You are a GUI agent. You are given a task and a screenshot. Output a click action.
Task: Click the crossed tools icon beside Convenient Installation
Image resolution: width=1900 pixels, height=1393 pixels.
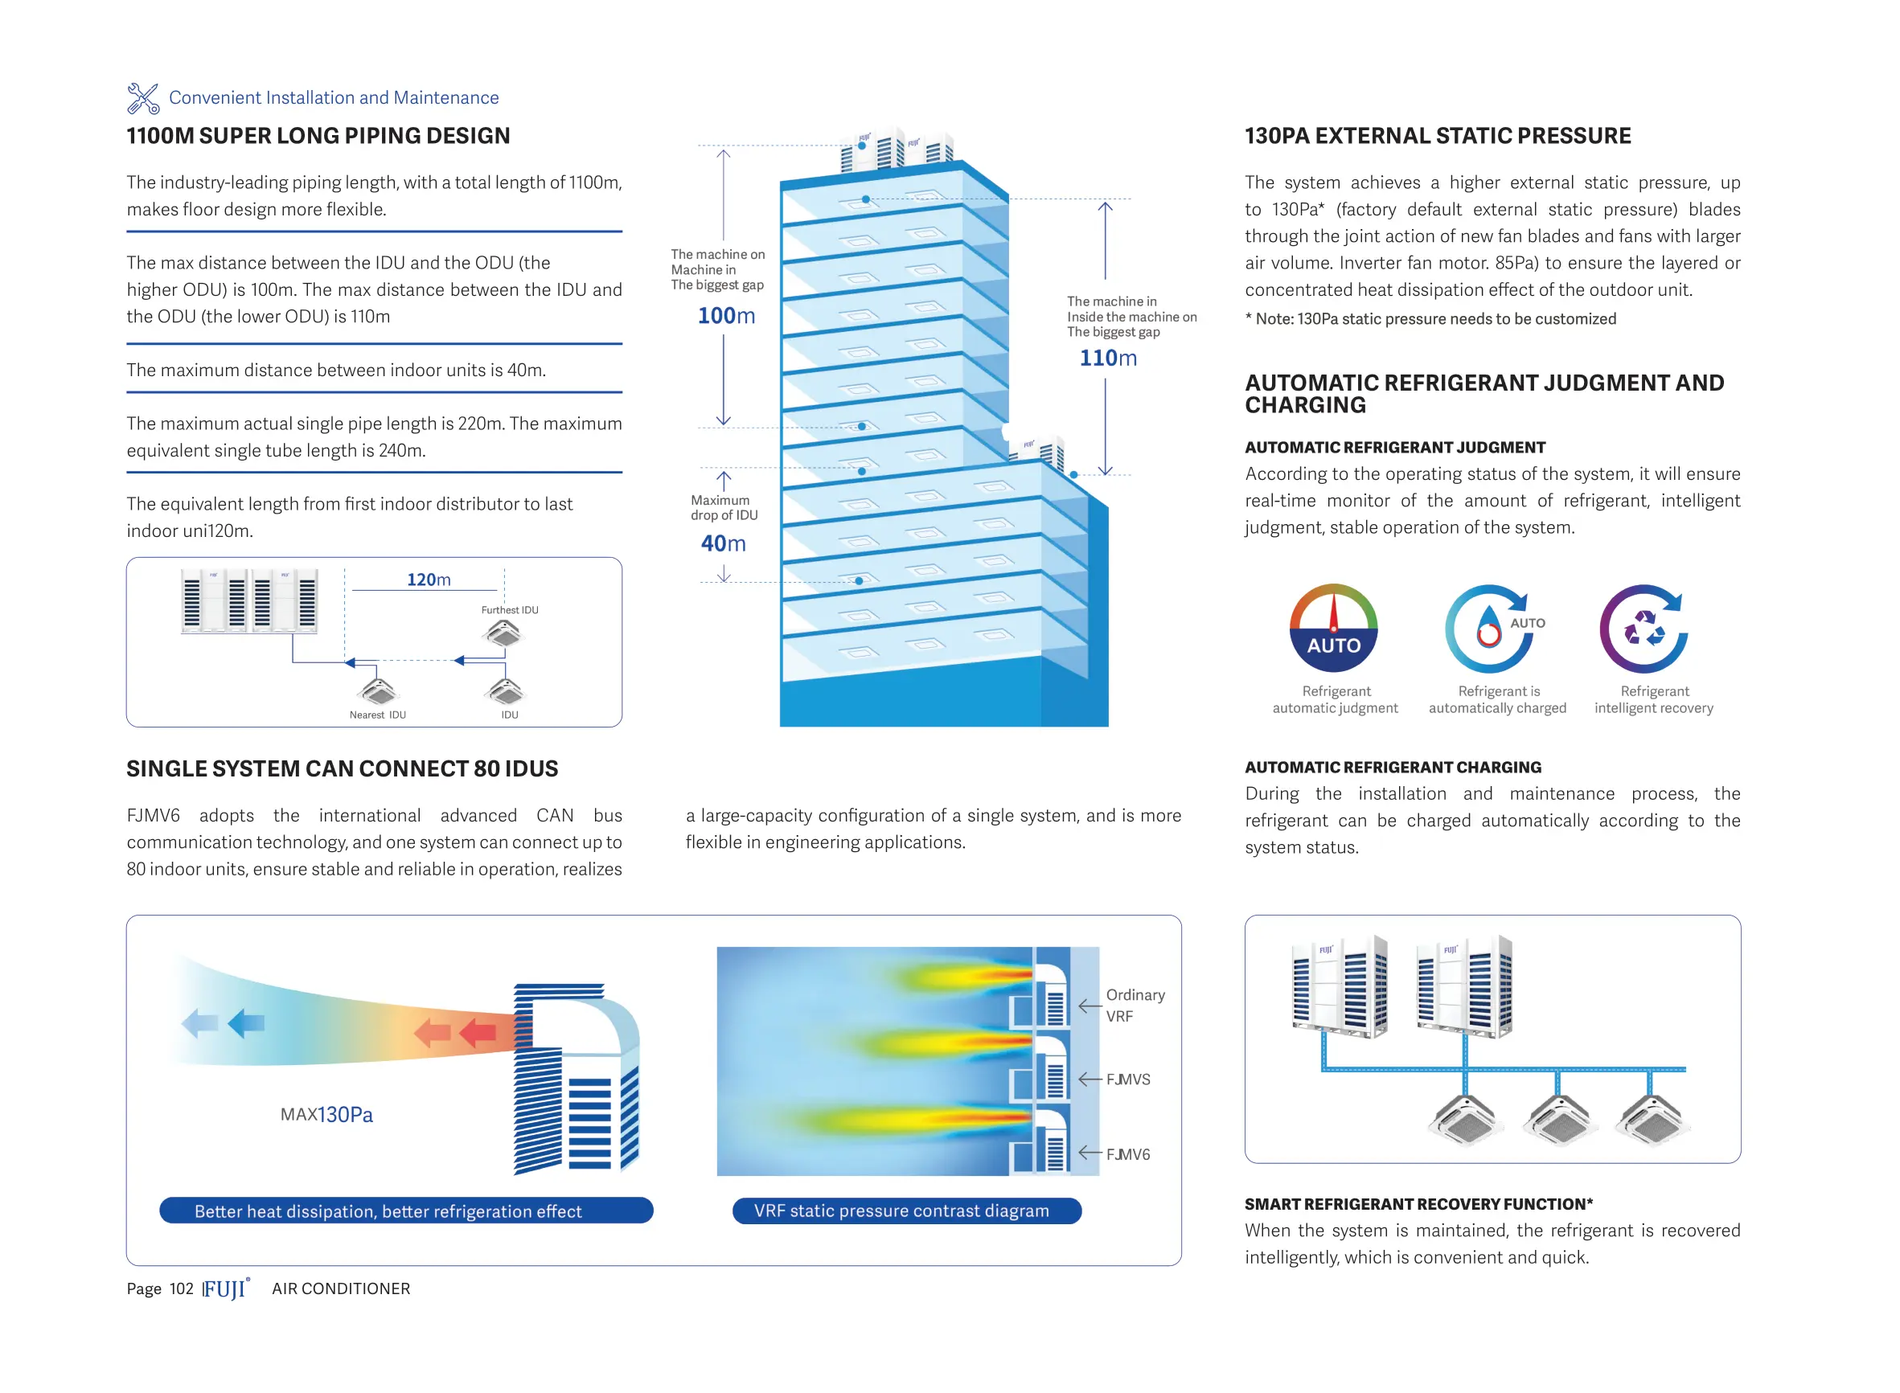coord(142,98)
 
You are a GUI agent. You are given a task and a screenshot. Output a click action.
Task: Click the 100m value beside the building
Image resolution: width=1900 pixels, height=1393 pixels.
coord(725,315)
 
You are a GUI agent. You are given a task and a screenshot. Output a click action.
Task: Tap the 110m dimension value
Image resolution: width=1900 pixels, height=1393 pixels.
coord(1107,358)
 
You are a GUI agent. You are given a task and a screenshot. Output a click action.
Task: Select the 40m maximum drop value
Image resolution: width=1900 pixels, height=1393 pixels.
coord(723,543)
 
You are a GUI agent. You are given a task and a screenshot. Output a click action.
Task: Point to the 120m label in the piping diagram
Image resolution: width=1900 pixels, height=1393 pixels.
coord(429,580)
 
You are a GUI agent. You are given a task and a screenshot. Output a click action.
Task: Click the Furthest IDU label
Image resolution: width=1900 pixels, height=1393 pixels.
coord(509,609)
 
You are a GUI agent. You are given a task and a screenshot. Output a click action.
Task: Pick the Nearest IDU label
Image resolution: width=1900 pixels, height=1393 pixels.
coord(378,715)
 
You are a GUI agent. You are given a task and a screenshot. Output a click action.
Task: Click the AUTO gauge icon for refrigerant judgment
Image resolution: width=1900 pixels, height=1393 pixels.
coord(1332,629)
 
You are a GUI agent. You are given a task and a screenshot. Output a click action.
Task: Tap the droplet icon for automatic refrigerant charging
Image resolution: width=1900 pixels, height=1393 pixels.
coord(1489,629)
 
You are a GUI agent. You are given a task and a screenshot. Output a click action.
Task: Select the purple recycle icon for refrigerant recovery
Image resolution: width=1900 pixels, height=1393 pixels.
coord(1643,629)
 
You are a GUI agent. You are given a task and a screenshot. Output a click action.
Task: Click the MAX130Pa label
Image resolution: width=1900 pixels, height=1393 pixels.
coord(326,1114)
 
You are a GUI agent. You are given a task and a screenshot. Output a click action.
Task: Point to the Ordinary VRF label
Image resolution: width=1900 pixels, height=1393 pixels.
coord(1135,1005)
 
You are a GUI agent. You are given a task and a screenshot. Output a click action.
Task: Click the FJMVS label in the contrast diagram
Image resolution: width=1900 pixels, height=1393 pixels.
coord(1127,1080)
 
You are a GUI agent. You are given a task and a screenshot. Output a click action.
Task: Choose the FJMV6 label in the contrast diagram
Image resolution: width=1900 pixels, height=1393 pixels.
coord(1127,1154)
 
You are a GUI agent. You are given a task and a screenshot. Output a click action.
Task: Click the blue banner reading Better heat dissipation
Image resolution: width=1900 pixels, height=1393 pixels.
coord(405,1211)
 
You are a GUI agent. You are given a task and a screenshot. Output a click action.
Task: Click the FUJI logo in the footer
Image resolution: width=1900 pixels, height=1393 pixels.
coord(225,1289)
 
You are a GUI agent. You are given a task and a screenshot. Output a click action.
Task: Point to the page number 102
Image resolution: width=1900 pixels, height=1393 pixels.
coord(181,1289)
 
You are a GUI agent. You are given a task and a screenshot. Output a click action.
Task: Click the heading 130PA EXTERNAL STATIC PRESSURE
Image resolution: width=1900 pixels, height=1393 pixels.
coord(1437,136)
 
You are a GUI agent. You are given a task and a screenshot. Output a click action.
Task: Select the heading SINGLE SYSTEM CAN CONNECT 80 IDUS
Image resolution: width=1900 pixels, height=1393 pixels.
coord(342,768)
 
